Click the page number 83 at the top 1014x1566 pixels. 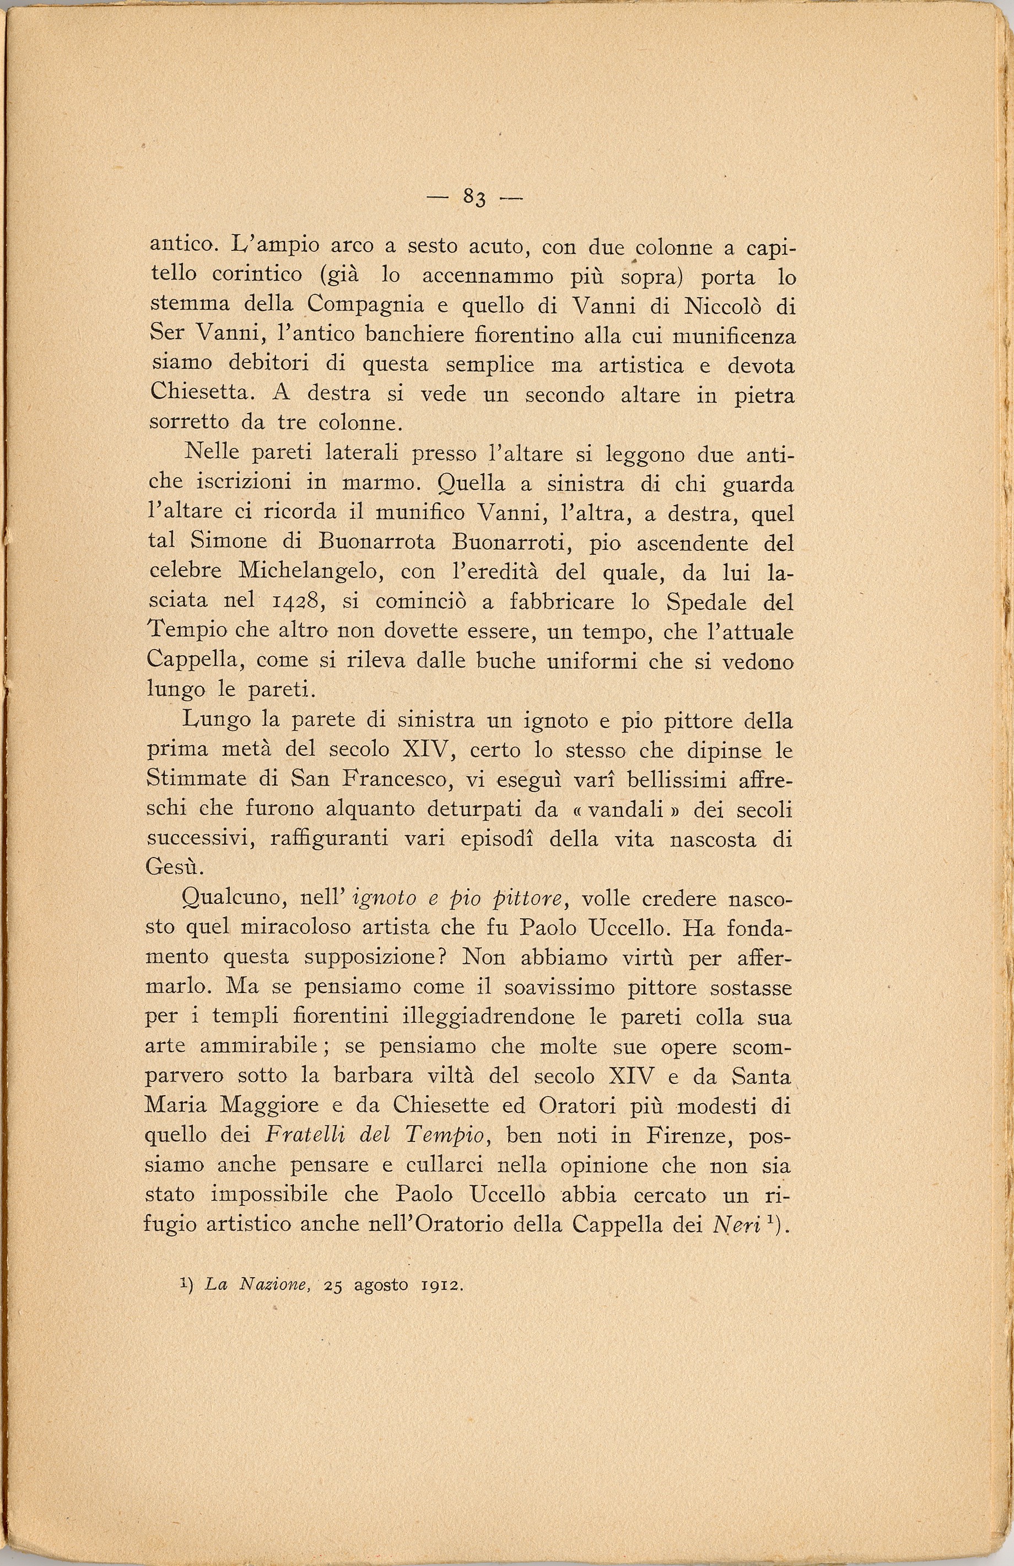point(474,196)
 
